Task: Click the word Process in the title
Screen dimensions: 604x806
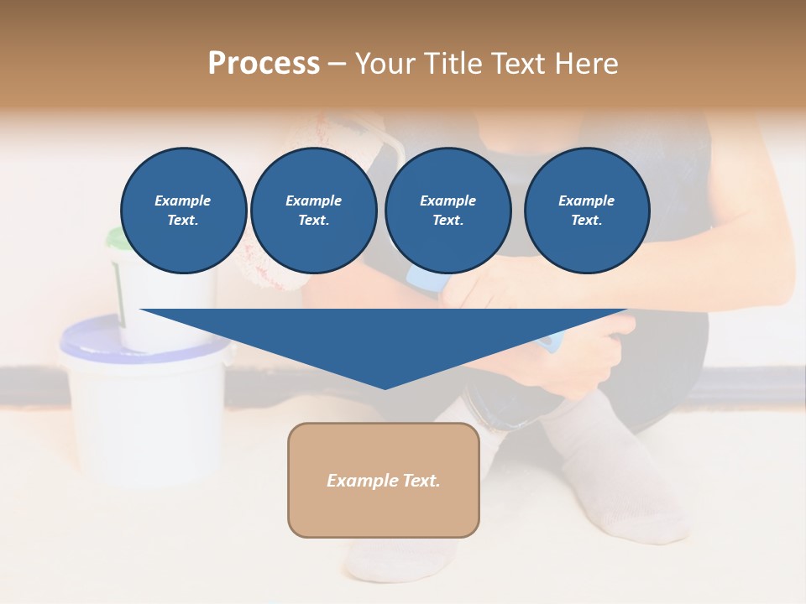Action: (x=264, y=63)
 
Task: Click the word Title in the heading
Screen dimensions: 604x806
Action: (x=449, y=63)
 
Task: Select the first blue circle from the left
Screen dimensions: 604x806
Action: (x=183, y=210)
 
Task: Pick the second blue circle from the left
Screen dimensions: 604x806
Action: (x=313, y=210)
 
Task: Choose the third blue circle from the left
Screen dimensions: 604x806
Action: (x=447, y=210)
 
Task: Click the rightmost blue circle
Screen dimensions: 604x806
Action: (x=586, y=210)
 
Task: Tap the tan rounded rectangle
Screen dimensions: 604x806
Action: (x=384, y=480)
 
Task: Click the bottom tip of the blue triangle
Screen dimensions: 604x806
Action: (x=385, y=388)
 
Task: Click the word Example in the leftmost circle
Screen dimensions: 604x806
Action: (x=183, y=200)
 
